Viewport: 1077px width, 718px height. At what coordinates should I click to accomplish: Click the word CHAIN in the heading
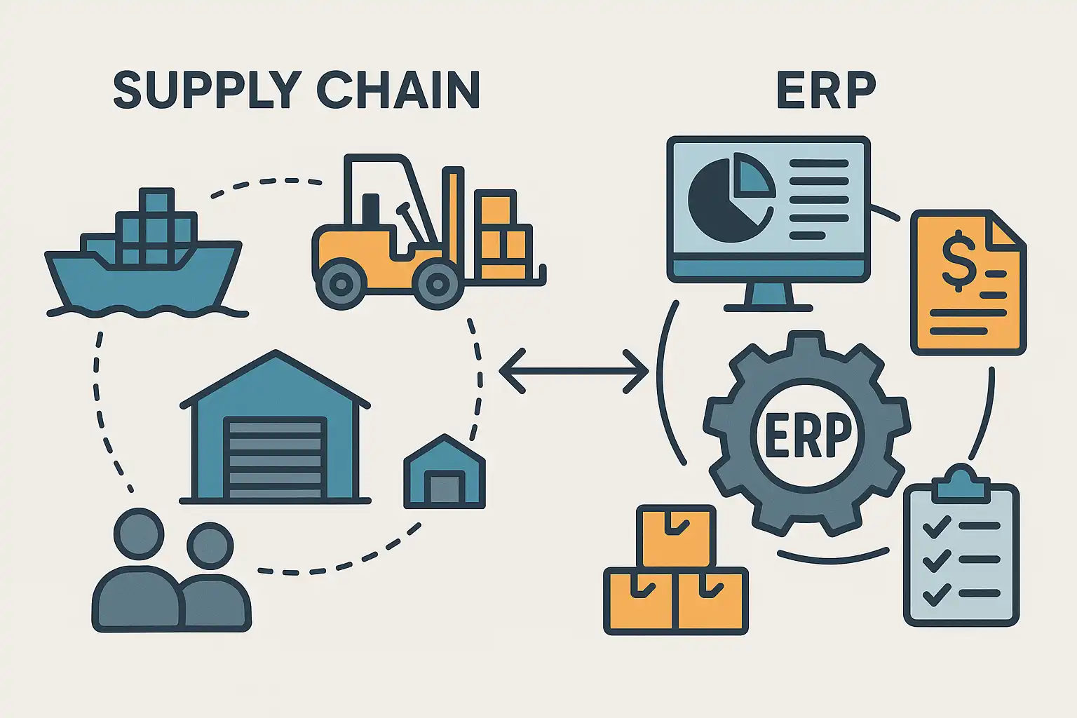point(398,90)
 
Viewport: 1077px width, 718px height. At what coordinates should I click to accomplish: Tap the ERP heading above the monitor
point(827,90)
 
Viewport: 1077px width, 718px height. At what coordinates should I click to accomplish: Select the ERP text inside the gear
point(807,435)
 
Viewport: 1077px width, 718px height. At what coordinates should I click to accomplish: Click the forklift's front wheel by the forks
point(437,285)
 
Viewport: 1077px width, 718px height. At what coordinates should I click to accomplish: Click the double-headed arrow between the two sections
point(574,370)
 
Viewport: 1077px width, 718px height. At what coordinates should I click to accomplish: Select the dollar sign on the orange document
point(958,262)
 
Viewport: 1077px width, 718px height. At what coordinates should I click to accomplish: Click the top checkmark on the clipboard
point(935,526)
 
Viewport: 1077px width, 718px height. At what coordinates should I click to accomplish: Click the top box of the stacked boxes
point(676,537)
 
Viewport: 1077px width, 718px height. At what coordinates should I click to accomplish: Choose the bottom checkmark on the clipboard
point(935,595)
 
